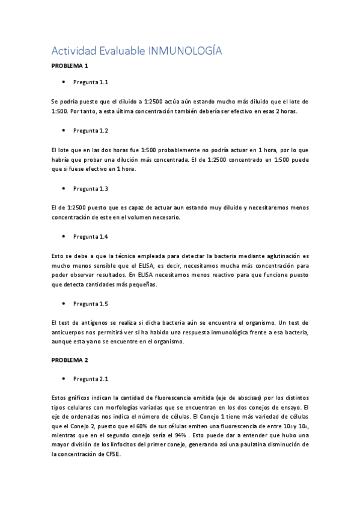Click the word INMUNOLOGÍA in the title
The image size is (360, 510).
click(185, 51)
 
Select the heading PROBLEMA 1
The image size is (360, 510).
click(70, 66)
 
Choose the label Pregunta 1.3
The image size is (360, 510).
click(91, 188)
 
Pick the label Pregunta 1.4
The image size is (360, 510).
click(91, 237)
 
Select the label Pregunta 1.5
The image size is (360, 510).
click(91, 304)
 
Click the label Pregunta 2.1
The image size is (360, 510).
click(91, 379)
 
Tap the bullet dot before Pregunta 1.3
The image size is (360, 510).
click(64, 188)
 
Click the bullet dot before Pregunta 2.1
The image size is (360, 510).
click(64, 379)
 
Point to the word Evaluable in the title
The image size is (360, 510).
click(123, 51)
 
